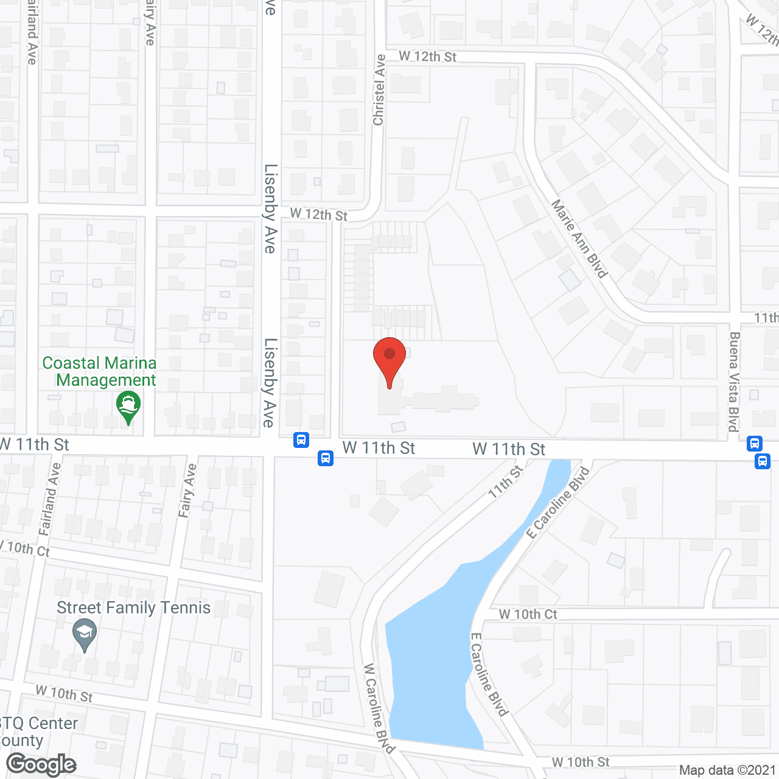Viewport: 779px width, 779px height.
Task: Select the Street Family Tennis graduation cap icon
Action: [x=85, y=634]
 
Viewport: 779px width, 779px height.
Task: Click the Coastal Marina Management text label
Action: [x=100, y=371]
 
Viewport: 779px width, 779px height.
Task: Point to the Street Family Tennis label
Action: [x=133, y=608]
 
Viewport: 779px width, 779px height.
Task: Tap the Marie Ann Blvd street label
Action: [x=579, y=239]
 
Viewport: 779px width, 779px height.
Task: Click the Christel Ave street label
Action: [x=379, y=90]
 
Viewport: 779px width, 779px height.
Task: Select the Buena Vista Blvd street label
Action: [x=734, y=382]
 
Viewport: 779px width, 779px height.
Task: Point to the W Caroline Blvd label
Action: [x=379, y=708]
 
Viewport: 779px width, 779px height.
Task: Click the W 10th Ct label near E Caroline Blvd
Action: [x=528, y=615]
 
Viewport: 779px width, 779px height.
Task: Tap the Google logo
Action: [x=41, y=764]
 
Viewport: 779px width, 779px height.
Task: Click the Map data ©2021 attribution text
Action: [x=727, y=770]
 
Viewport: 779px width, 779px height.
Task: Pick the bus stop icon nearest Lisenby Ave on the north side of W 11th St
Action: [x=301, y=439]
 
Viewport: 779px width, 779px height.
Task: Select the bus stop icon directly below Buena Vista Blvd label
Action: [x=755, y=444]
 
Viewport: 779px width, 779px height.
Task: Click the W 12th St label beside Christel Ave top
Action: [x=427, y=57]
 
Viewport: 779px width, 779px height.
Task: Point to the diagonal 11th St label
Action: [x=506, y=483]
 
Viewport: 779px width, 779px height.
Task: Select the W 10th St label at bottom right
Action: [x=580, y=763]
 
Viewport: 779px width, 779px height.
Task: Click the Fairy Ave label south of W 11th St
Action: [x=187, y=491]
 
